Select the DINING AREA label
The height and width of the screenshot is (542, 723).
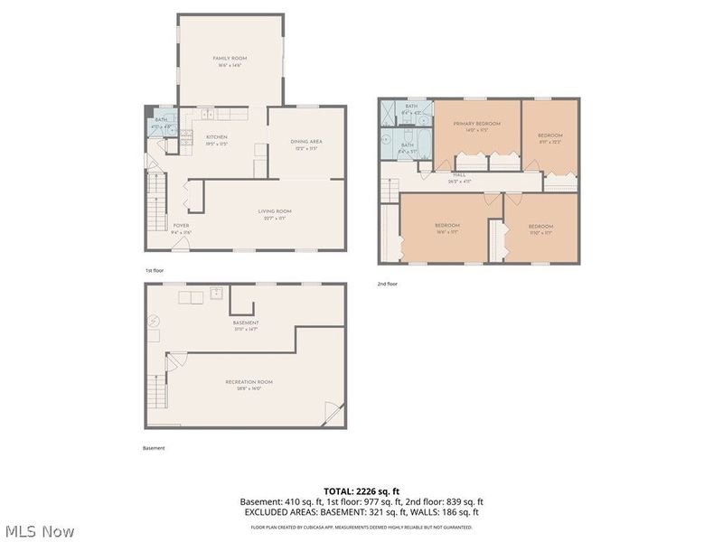[x=306, y=142]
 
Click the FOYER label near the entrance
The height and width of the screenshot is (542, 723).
[x=181, y=226]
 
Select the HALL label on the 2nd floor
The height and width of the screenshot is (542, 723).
[x=459, y=176]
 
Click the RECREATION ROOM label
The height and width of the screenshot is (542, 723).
[x=249, y=382]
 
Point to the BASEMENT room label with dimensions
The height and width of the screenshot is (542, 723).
[x=245, y=322]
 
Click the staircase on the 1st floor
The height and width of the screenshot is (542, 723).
[x=156, y=199]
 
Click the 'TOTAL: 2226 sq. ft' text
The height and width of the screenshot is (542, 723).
[x=361, y=491]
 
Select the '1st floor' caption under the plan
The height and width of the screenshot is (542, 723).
[x=155, y=270]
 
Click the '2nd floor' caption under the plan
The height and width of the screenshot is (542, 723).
[x=388, y=284]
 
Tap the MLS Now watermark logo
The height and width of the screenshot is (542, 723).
[x=38, y=531]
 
